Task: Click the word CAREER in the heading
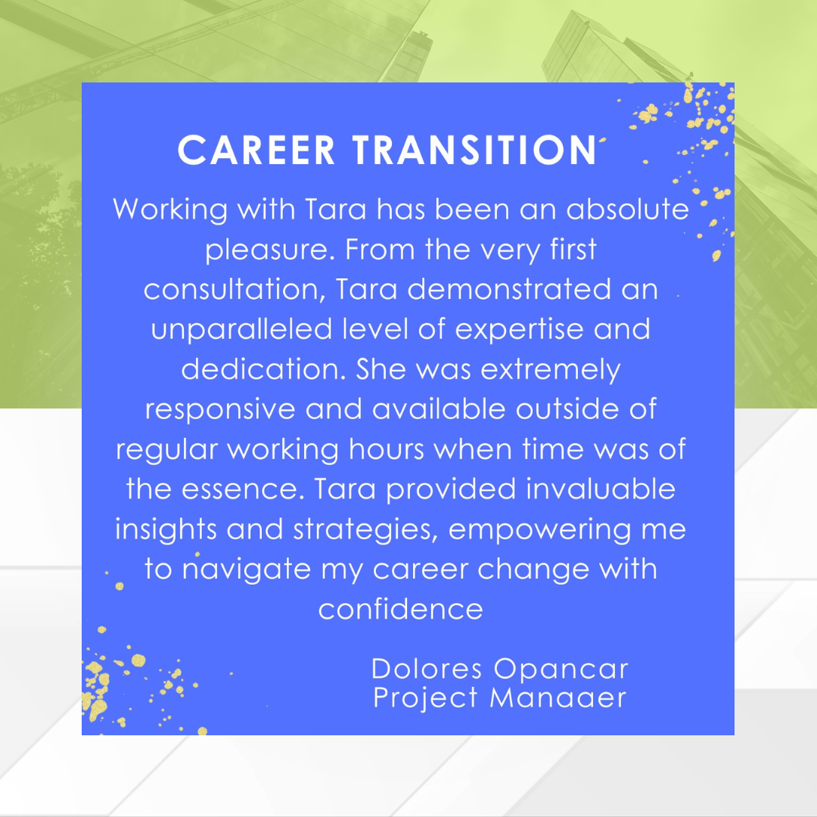click(x=256, y=150)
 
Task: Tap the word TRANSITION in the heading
click(x=474, y=150)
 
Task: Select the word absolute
click(x=627, y=209)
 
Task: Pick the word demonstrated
click(x=509, y=289)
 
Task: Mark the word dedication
click(x=264, y=369)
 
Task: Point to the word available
click(x=439, y=409)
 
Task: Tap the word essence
click(x=243, y=490)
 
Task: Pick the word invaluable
click(x=601, y=489)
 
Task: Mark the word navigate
click(x=247, y=570)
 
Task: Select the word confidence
click(x=401, y=609)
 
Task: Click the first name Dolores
click(x=427, y=669)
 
